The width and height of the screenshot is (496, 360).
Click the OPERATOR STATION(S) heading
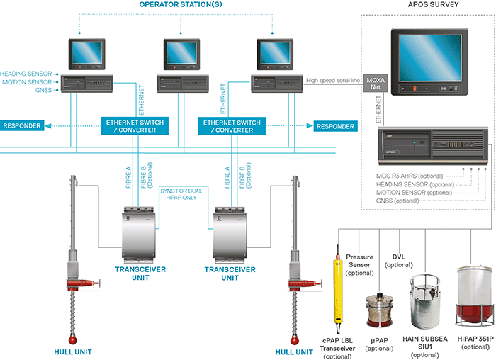[x=181, y=5]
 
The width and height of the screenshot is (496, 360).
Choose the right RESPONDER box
[x=334, y=126]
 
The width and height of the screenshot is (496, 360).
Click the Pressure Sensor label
[x=359, y=261]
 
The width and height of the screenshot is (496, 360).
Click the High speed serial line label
[x=333, y=81]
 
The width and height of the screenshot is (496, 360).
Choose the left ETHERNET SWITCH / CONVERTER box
[x=133, y=126]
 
